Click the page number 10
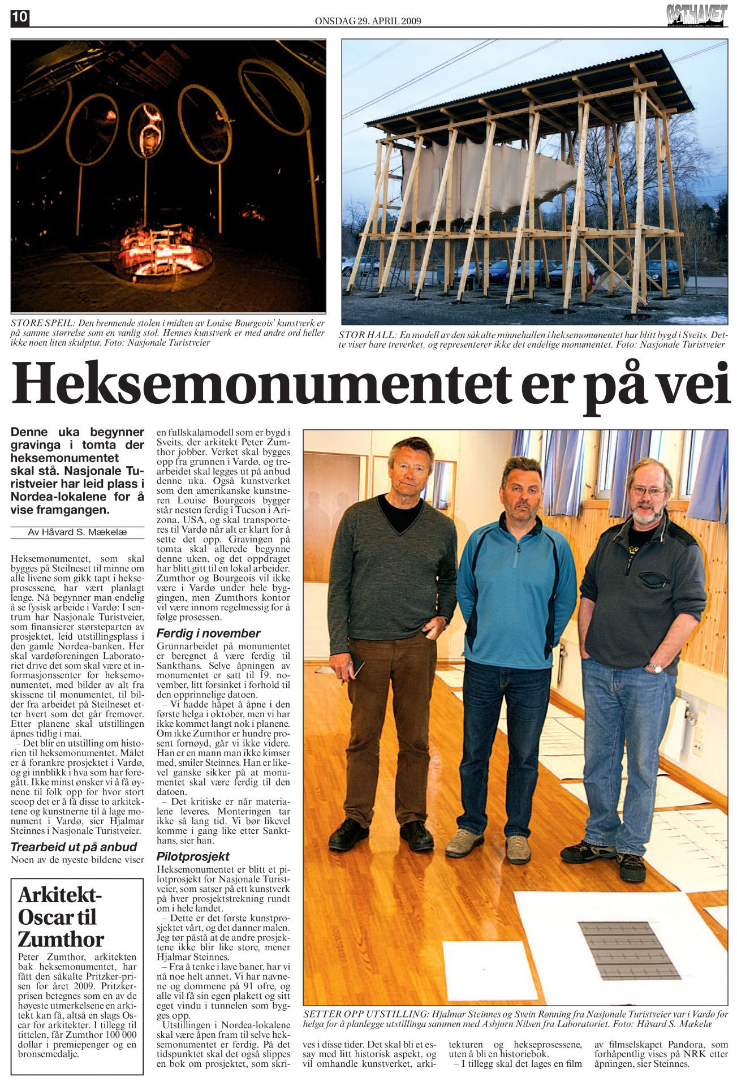pyautogui.click(x=19, y=18)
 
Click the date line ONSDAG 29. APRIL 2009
pyautogui.click(x=368, y=21)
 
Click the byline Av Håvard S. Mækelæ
pyautogui.click(x=77, y=532)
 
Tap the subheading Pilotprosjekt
pyautogui.click(x=193, y=856)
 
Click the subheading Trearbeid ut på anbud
pyautogui.click(x=74, y=847)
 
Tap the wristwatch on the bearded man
pyautogui.click(x=654, y=668)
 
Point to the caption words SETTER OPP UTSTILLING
pyautogui.click(x=365, y=1013)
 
